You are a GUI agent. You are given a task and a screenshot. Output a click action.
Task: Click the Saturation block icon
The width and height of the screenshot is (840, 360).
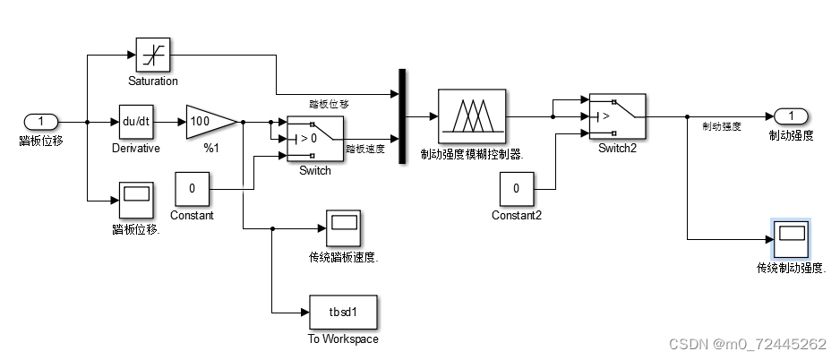coord(152,55)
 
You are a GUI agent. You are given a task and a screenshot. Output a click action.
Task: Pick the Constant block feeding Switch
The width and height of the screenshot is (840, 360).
coord(192,189)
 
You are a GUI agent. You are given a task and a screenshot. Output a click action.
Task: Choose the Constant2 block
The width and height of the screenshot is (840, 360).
coord(516,189)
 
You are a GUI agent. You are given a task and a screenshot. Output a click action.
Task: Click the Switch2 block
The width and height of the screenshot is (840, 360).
coord(617,116)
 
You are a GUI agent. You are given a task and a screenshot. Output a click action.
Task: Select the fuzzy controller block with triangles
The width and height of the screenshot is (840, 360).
coord(471,116)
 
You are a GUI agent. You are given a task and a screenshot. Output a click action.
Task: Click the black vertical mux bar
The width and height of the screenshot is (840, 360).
coord(402,116)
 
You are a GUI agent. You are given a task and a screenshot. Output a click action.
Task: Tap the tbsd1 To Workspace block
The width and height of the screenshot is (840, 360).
coord(343,312)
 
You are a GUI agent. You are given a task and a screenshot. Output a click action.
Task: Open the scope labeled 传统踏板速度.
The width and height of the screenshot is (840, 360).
coord(343,228)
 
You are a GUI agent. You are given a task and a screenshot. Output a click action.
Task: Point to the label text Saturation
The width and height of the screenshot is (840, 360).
coord(152,81)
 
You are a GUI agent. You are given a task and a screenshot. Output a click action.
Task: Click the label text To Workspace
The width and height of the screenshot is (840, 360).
coord(343,339)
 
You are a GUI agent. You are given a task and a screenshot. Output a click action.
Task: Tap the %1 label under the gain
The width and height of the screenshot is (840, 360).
coord(211,148)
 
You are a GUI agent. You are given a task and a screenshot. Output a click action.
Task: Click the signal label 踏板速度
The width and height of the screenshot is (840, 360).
coord(365,150)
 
